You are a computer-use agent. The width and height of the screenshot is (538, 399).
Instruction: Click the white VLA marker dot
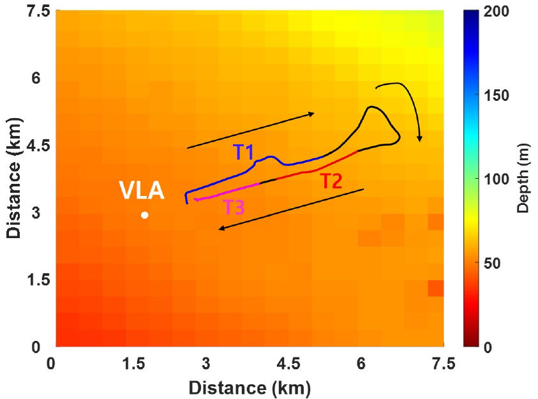(145, 215)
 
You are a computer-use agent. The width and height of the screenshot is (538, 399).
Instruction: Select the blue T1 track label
(243, 152)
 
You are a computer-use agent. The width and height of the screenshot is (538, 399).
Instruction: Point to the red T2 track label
(331, 181)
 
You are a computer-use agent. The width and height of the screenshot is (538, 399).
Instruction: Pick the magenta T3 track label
(233, 207)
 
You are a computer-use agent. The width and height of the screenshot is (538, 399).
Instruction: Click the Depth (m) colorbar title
(522, 179)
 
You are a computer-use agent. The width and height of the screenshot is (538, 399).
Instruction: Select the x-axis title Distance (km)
(249, 387)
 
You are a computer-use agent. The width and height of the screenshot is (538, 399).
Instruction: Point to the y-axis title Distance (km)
(14, 179)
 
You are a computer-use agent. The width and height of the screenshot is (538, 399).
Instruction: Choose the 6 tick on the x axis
(361, 364)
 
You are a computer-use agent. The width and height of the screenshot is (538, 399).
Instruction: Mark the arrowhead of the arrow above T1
(311, 114)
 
